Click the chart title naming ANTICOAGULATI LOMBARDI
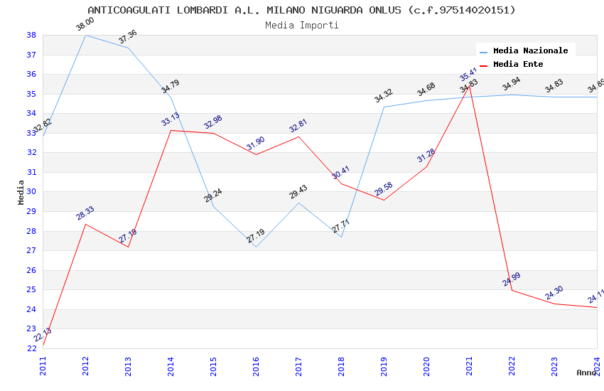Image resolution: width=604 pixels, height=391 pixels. pos(301,10)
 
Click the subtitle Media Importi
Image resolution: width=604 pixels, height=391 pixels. pos(301,25)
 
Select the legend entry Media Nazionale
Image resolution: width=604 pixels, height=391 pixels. pos(530,50)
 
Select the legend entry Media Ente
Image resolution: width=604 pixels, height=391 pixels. pos(518,64)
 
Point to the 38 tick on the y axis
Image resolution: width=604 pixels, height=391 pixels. pos(31,35)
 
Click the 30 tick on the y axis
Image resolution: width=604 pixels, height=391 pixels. pos(31,192)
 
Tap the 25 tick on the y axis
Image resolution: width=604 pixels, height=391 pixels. pos(31,290)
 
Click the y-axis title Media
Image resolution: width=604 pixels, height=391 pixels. pos(21,192)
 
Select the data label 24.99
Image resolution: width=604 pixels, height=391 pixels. pos(512,279)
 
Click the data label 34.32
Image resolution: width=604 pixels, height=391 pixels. pos(384,96)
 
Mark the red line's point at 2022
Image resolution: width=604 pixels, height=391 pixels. pos(512,290)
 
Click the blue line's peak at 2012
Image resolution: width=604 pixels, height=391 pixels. pos(85,35)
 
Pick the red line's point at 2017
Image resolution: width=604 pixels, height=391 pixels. pos(298,136)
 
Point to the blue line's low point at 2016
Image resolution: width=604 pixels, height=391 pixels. pos(256,247)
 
